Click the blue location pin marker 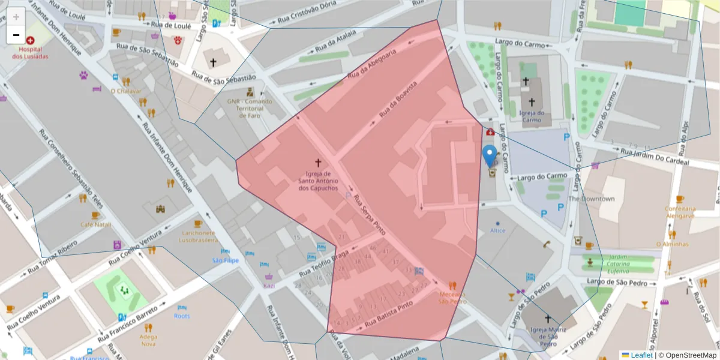click(x=490, y=155)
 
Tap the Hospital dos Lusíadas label click(x=30, y=53)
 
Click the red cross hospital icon click(x=30, y=40)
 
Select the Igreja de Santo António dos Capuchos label click(x=318, y=181)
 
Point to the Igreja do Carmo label click(x=531, y=116)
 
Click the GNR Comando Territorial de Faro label click(x=250, y=109)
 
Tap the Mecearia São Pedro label click(x=452, y=298)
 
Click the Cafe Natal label click(x=96, y=224)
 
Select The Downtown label click(x=591, y=199)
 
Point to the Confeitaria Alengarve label click(x=679, y=212)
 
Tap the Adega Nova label click(x=148, y=340)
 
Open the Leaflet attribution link click(x=641, y=355)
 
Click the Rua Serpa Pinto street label click(x=368, y=214)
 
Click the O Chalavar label click(x=126, y=91)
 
